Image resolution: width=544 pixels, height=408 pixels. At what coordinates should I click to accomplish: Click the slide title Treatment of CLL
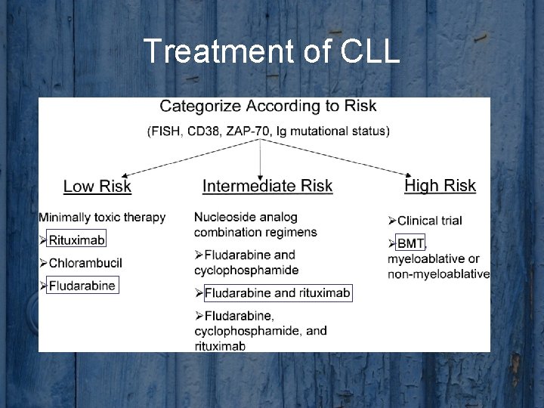pyautogui.click(x=271, y=51)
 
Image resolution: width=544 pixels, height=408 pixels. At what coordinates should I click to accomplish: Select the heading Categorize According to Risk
pyautogui.click(x=268, y=106)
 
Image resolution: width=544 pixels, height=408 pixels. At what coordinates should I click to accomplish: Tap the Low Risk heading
pyautogui.click(x=97, y=186)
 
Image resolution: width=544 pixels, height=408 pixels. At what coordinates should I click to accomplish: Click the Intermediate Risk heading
pyautogui.click(x=267, y=186)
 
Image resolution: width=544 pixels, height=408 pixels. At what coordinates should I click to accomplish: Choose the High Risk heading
pyautogui.click(x=440, y=185)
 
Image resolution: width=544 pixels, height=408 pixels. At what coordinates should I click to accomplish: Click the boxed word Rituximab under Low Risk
pyautogui.click(x=76, y=240)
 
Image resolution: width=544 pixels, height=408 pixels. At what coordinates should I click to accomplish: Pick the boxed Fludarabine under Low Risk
pyautogui.click(x=82, y=286)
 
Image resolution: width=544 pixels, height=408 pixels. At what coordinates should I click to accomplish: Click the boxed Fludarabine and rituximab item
pyautogui.click(x=277, y=292)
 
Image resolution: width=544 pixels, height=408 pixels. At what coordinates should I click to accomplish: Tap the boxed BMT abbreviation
pyautogui.click(x=410, y=243)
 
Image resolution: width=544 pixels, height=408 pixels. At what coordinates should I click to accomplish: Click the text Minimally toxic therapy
pyautogui.click(x=102, y=218)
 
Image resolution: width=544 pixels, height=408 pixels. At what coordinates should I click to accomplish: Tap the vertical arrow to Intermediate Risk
pyautogui.click(x=261, y=159)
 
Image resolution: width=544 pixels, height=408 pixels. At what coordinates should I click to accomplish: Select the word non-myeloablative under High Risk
pyautogui.click(x=438, y=274)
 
